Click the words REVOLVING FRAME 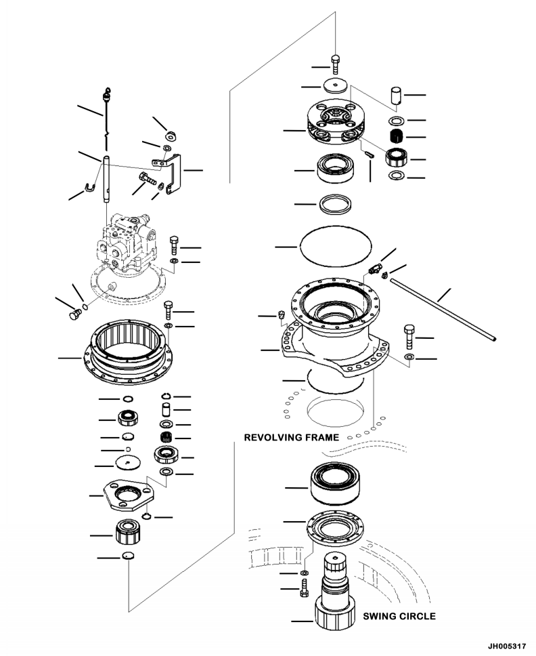291,438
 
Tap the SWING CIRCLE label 399,617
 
